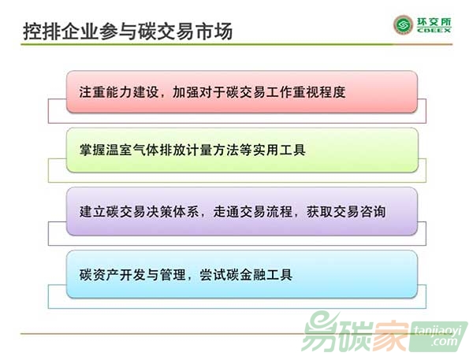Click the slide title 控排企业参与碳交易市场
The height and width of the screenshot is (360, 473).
[128, 31]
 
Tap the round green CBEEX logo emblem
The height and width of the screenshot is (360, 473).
[403, 24]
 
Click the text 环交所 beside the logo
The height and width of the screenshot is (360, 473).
[434, 22]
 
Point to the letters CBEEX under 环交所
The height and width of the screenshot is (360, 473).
[434, 30]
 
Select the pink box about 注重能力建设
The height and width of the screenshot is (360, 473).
[242, 92]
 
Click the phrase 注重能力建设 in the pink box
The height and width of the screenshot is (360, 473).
[119, 92]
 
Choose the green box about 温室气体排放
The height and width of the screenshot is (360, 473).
[242, 150]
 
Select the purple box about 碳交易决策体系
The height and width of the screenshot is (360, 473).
[242, 211]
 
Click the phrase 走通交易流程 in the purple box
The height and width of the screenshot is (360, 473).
[253, 211]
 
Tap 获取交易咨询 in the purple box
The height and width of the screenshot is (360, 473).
[346, 211]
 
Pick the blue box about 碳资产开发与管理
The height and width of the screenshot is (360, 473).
[242, 274]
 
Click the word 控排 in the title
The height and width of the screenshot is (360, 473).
[42, 31]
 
